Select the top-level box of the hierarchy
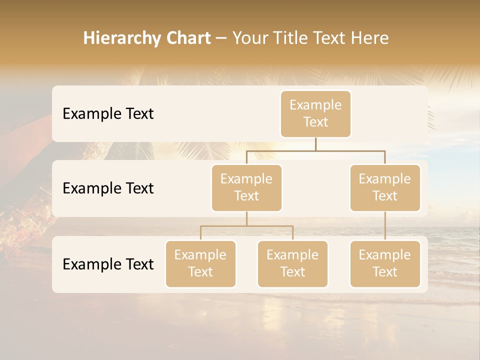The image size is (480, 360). coord(315,113)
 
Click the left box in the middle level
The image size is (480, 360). coord(246,187)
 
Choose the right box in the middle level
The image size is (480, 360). coord(385,187)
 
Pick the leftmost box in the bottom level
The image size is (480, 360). coord(200,263)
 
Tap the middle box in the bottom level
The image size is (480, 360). coord(292,263)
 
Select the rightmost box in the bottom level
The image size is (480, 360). coord(385,263)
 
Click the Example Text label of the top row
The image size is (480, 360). coord(108,114)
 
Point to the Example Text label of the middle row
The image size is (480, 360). coord(108,188)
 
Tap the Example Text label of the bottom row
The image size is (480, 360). coord(108,264)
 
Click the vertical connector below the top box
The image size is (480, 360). coord(315,144)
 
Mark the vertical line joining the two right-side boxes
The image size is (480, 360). coord(385,226)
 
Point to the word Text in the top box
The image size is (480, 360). coord(315,122)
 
